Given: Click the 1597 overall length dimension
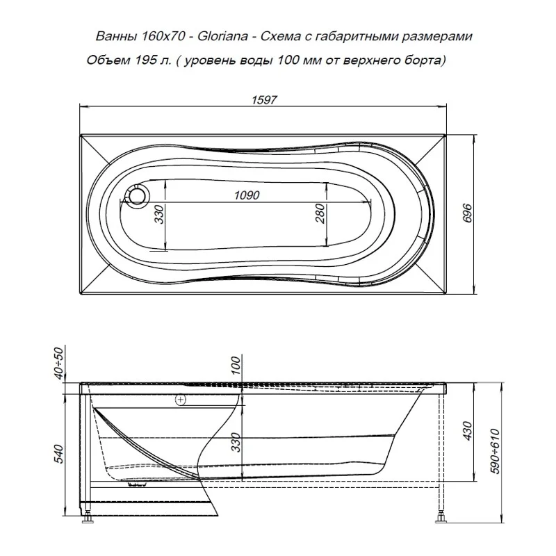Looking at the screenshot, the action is tap(264, 100).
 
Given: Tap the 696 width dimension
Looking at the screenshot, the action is tap(468, 213).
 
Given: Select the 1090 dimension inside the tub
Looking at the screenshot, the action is tap(247, 195).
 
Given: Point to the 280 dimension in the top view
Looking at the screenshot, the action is tap(320, 213).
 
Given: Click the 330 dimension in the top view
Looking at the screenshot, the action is tap(159, 214).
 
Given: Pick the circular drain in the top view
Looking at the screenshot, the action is tap(137, 195).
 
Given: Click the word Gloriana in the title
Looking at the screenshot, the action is tap(222, 37).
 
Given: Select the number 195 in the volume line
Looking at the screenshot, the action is tap(145, 60).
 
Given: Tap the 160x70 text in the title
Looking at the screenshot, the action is tap(163, 37).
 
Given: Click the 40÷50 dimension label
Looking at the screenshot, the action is tap(59, 363).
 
